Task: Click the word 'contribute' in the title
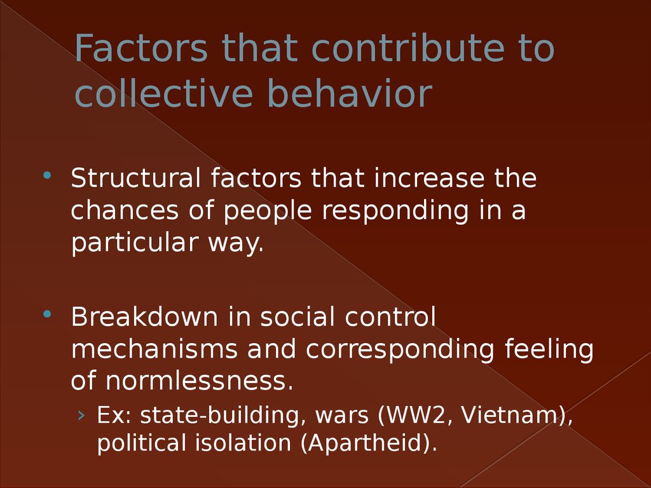pos(408,48)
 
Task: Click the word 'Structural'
pos(136,178)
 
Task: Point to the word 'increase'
pos(429,178)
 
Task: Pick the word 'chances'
pos(125,210)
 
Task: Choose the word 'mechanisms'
pos(154,349)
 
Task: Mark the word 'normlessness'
pos(196,381)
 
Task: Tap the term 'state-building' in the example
pos(219,416)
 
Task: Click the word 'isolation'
pos(243,442)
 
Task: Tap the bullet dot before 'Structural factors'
pos(46,175)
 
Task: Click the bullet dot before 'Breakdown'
pos(46,314)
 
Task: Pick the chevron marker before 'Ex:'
pos(81,415)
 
